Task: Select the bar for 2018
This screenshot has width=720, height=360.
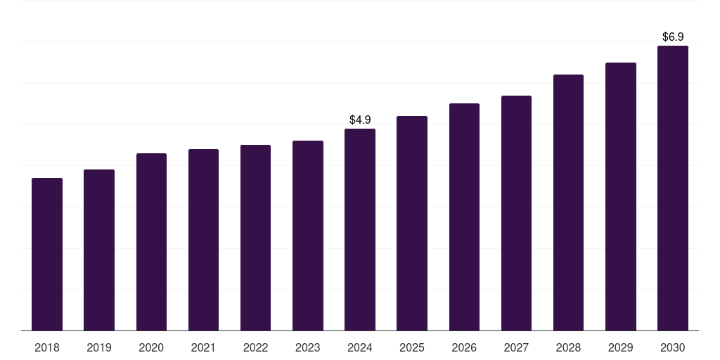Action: coord(47,254)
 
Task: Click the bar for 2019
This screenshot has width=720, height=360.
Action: coord(99,250)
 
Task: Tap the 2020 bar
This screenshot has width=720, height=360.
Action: coord(151,242)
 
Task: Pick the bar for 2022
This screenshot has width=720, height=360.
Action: coord(255,238)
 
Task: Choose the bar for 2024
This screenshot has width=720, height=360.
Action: coord(360,229)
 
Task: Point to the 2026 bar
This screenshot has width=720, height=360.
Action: coord(464,217)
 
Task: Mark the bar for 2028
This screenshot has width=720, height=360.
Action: coord(568,202)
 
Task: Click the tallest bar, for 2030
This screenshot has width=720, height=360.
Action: coord(672,188)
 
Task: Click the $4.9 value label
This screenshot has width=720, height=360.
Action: coord(360,120)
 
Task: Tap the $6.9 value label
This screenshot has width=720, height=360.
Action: coord(673,37)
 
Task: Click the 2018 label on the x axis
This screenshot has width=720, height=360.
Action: coord(47,348)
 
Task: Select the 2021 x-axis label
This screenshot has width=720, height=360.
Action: coord(203,348)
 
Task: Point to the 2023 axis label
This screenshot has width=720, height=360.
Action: coord(308,348)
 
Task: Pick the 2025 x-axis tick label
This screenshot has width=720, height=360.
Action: coord(412,348)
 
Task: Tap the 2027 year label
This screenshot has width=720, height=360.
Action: coord(516,348)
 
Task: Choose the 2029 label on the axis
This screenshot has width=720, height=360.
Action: coord(620,348)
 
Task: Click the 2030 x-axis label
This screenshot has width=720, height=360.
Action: coord(672,348)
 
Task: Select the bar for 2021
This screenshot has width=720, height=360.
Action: coord(203,240)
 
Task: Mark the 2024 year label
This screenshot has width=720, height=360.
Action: coord(360,348)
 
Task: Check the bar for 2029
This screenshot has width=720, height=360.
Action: coord(620,196)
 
